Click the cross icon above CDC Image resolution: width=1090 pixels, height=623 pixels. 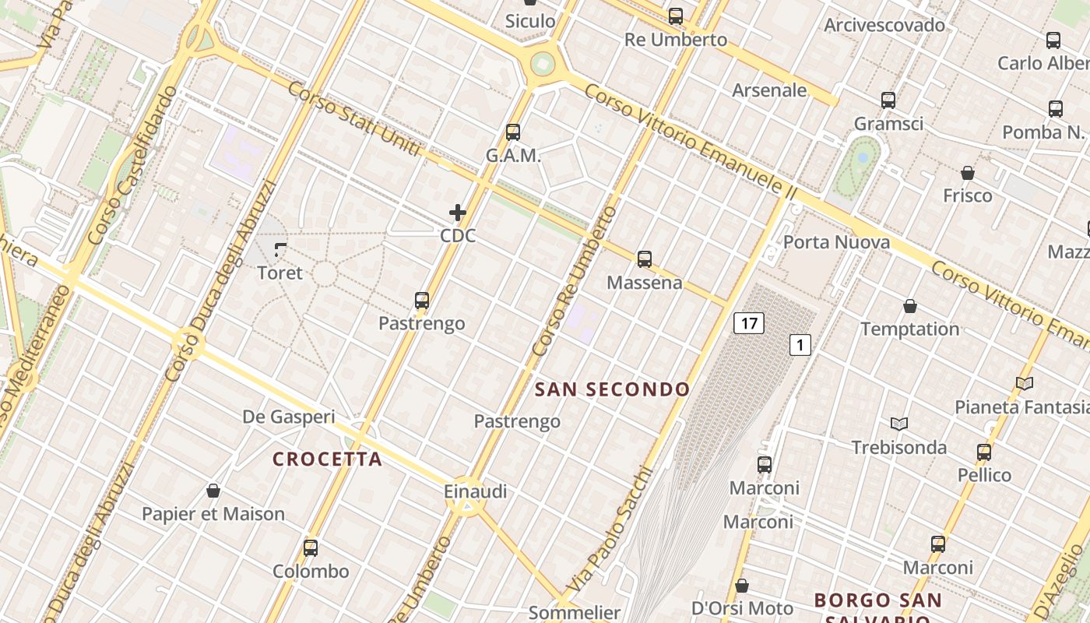coord(458,212)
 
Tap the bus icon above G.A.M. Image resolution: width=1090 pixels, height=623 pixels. coord(512,132)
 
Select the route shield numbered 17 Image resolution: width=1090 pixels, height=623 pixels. coord(748,323)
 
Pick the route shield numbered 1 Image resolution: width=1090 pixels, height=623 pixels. coord(800,344)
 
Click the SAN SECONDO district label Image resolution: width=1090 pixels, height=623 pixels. coord(612,389)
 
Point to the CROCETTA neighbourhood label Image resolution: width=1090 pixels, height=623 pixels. coord(327,459)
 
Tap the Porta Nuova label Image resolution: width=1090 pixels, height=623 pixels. coord(836,242)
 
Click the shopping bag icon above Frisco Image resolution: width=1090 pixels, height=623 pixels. coord(968,173)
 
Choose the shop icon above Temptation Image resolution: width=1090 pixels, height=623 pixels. coord(909,306)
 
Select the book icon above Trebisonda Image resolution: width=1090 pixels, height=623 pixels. coord(899,424)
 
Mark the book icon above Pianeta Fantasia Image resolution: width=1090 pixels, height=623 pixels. coord(1025,384)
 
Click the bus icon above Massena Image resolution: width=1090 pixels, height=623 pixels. coord(644,259)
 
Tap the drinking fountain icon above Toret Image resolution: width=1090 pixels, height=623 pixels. coord(280,251)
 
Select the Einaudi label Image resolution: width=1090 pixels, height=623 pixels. coord(475,491)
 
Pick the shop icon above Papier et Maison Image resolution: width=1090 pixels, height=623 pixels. coord(213,491)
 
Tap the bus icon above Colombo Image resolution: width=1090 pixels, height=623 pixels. coord(311,548)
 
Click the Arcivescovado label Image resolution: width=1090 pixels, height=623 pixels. coord(884,25)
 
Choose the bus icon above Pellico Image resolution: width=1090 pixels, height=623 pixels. coord(984,452)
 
